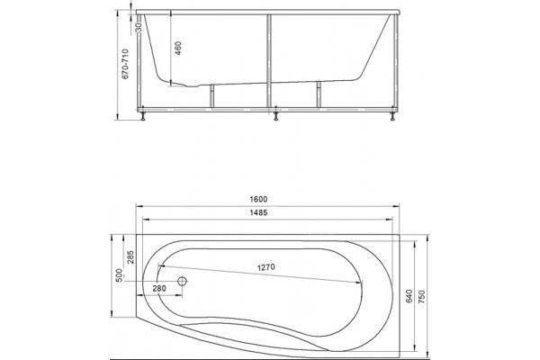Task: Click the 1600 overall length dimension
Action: pos(258,200)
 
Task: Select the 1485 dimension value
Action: pos(258,212)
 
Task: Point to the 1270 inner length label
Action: pos(266,267)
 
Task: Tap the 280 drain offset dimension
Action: pos(158,288)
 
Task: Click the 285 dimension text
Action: pos(130,257)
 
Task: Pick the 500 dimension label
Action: pos(119,275)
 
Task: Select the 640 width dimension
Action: pos(409,296)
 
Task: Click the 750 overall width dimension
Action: pos(422,297)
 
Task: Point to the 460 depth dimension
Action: pos(178,49)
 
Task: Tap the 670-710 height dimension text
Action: pos(125,64)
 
